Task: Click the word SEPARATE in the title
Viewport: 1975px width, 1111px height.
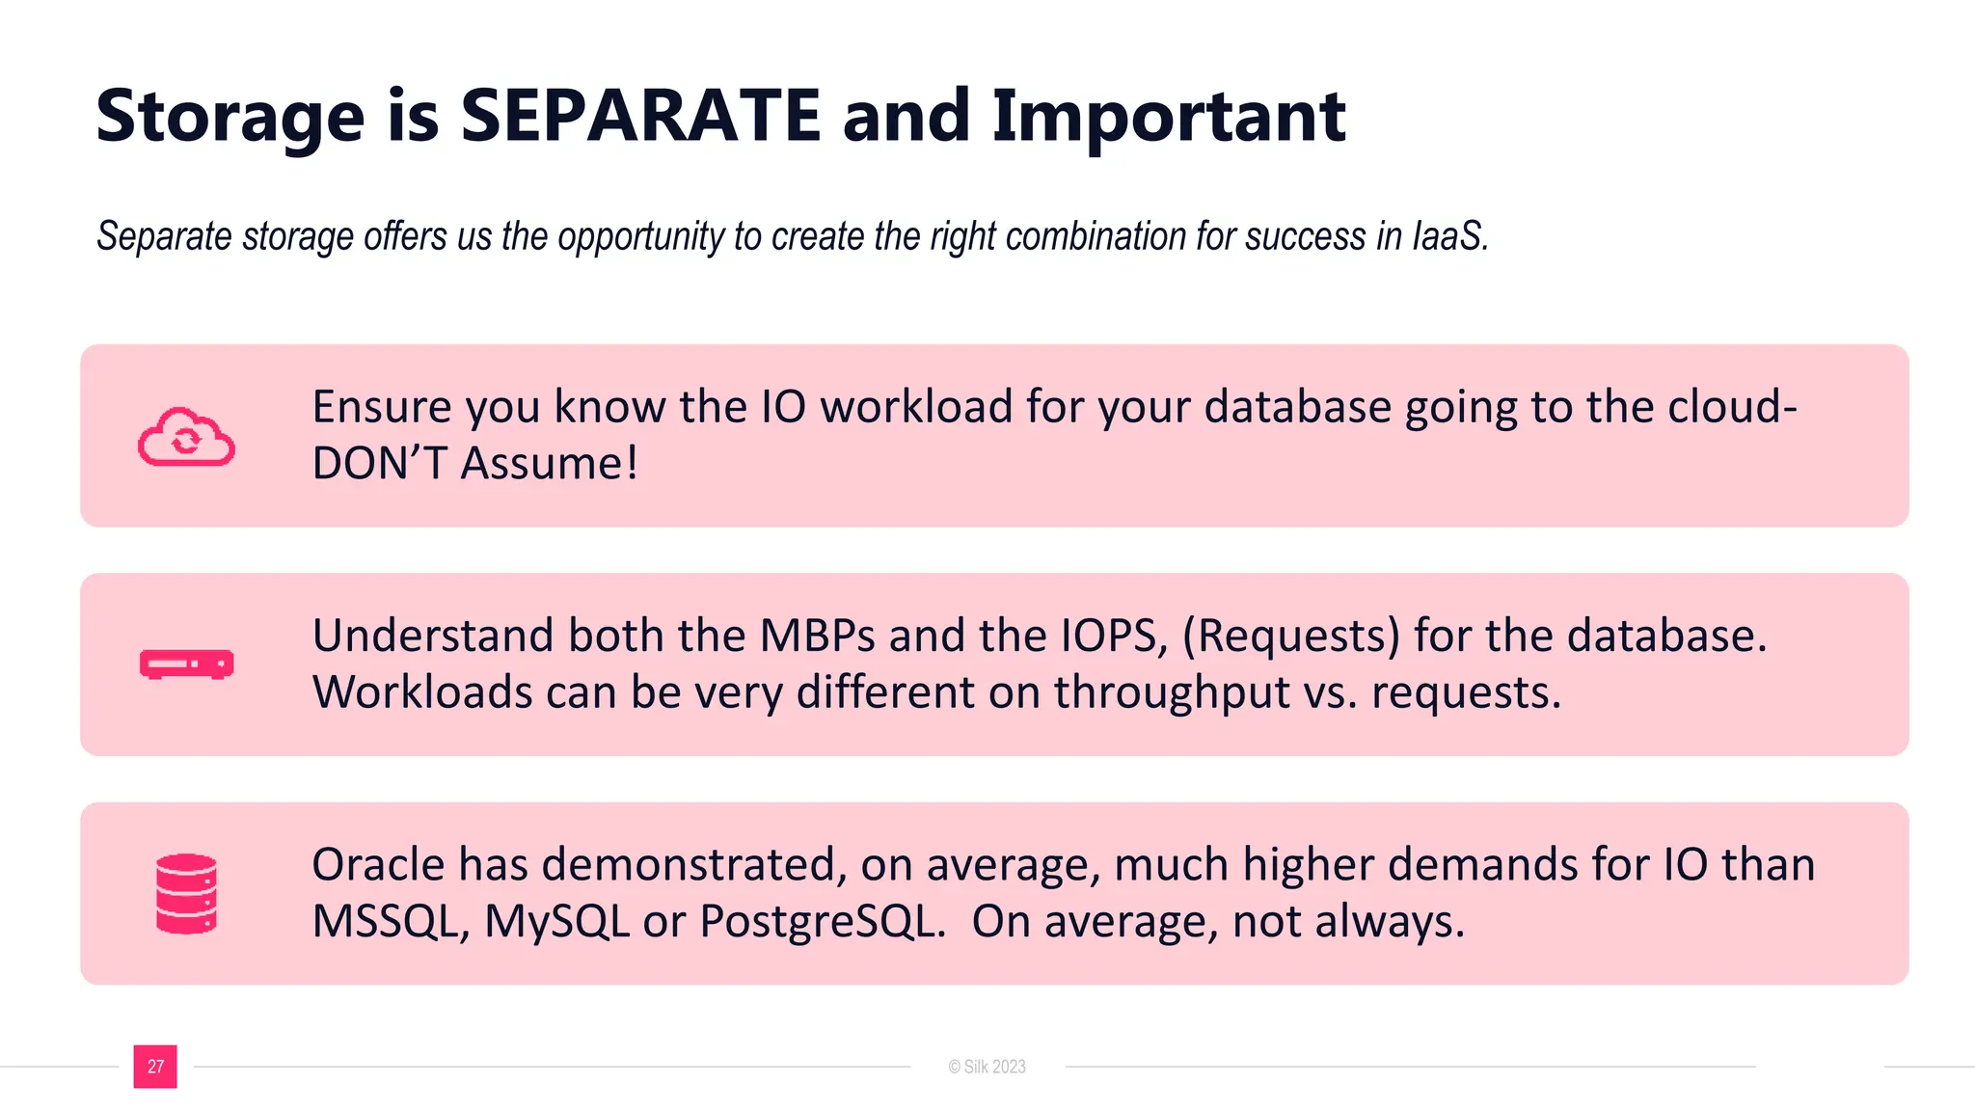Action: (639, 116)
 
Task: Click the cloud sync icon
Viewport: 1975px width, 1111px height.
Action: (186, 438)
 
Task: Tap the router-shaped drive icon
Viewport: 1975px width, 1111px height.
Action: (186, 664)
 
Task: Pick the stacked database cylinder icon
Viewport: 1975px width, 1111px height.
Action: (186, 893)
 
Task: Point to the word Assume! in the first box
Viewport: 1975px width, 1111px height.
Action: (549, 464)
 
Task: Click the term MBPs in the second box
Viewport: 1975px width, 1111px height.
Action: (818, 636)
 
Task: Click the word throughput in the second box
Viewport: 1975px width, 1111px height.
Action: (1172, 693)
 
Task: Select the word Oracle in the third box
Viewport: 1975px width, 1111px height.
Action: (378, 864)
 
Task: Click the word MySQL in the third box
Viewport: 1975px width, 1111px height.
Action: (556, 922)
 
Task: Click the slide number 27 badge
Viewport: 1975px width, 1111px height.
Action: (155, 1067)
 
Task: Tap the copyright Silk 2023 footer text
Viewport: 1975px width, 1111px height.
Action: (987, 1067)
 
